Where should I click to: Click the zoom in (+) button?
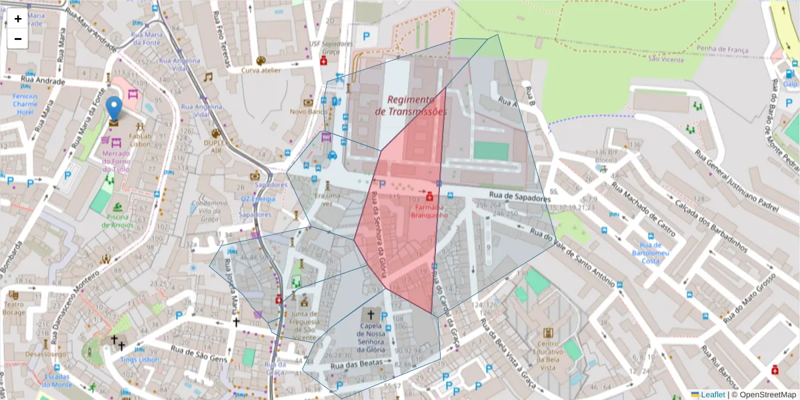point(18,19)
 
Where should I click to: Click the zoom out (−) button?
point(18,39)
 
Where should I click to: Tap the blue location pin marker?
point(115,109)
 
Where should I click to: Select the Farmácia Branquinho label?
point(429,211)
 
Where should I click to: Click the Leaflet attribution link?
point(712,395)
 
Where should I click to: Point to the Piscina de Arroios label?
point(117,220)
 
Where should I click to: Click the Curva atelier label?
point(261,70)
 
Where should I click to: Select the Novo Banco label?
point(307,111)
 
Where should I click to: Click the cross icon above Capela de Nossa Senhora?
point(371,313)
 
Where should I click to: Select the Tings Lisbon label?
point(140,359)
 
